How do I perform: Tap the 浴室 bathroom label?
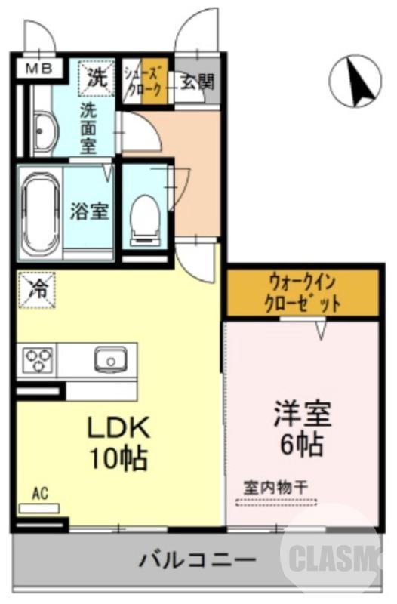89,211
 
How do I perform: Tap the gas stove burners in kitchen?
35,359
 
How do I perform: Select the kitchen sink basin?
112,359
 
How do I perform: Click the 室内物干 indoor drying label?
275,487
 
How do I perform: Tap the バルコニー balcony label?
196,560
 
